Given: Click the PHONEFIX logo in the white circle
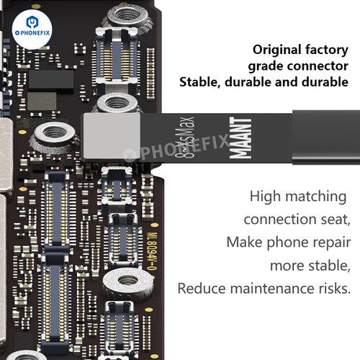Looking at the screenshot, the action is (32, 30).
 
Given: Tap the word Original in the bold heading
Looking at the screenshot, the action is (276, 50).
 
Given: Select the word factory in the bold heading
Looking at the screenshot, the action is (327, 50).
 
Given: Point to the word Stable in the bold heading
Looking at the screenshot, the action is (200, 82).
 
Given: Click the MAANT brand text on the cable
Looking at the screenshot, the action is (240, 138).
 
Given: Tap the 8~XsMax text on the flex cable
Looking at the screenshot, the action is (184, 138).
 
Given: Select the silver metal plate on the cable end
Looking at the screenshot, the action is (112, 136).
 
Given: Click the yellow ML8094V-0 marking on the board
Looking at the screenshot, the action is (152, 251).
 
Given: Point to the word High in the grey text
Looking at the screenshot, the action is (265, 196).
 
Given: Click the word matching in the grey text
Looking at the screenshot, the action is (316, 197).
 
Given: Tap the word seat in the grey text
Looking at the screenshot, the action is (336, 220).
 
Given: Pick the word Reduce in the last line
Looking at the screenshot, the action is (202, 288).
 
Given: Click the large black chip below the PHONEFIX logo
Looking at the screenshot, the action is (51, 79).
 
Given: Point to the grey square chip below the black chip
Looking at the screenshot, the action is (42, 101).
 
